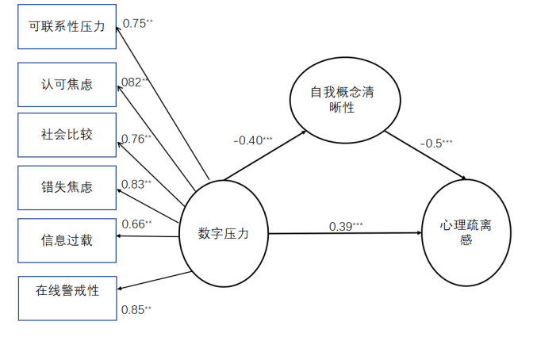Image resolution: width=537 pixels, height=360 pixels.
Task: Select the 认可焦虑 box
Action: pyautogui.click(x=67, y=82)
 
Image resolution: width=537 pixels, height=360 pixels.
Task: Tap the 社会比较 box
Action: pyautogui.click(x=67, y=134)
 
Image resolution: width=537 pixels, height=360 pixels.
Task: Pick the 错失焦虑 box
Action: pyautogui.click(x=67, y=187)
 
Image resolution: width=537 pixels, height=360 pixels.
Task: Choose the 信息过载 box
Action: pyautogui.click(x=67, y=239)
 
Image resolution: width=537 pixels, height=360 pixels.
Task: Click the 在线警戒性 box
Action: pyautogui.click(x=67, y=290)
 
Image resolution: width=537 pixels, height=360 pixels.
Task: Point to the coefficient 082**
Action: pyautogui.click(x=136, y=82)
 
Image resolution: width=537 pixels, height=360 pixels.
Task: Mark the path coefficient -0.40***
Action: pyautogui.click(x=253, y=140)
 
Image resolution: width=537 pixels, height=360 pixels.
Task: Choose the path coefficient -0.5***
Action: pyautogui.click(x=436, y=143)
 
